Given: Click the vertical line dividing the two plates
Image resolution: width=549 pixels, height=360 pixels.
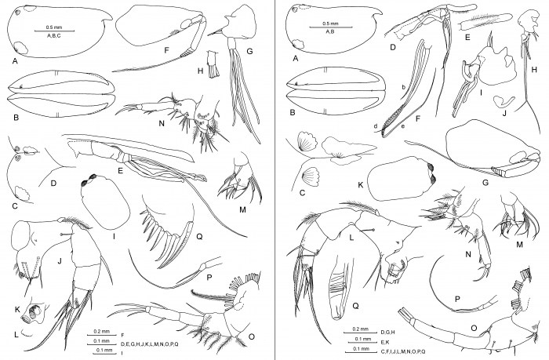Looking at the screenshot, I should tap(275, 180).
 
